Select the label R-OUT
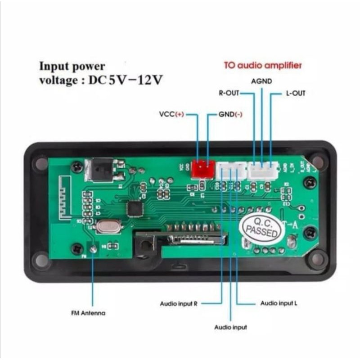click(229, 93)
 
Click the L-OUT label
click(296, 94)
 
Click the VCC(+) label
click(171, 114)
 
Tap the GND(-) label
click(230, 114)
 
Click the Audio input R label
click(179, 304)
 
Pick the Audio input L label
click(279, 303)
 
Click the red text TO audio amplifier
click(263, 66)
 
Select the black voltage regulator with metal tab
click(102, 170)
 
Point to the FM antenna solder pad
click(93, 248)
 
